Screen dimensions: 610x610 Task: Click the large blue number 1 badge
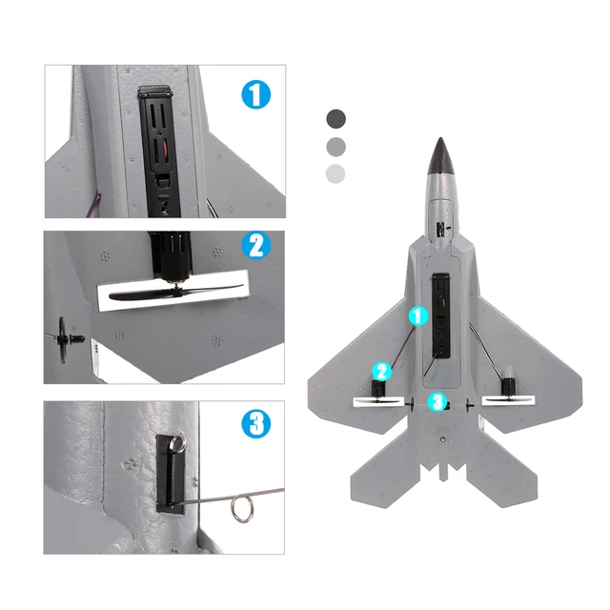[255, 95]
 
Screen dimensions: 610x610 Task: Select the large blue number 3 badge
[255, 423]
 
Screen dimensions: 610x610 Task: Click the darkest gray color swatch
[335, 118]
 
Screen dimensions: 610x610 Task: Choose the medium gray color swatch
[335, 146]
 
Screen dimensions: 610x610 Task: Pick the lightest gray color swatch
[335, 173]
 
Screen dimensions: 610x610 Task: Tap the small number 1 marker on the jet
[417, 315]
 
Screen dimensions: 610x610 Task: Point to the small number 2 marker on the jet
[381, 371]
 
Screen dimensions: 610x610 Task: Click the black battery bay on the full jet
[441, 315]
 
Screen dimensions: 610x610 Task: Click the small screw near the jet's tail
[443, 441]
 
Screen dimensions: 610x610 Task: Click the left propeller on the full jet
[374, 401]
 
